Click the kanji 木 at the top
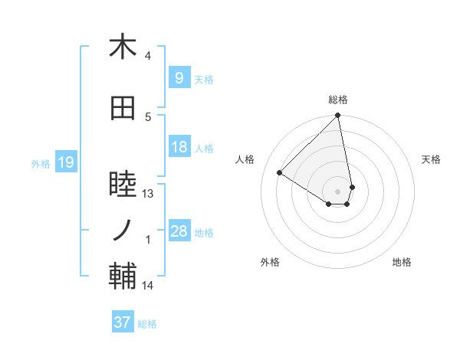pyautogui.click(x=123, y=47)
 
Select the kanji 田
pyautogui.click(x=123, y=109)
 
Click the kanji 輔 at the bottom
pyautogui.click(x=123, y=277)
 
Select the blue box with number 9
pyautogui.click(x=179, y=78)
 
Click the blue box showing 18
pyautogui.click(x=179, y=147)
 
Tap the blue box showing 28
pyautogui.click(x=179, y=231)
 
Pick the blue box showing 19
pyautogui.click(x=65, y=162)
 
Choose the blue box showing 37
pyautogui.click(x=122, y=322)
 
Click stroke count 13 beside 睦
pyautogui.click(x=148, y=194)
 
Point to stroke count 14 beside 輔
pyautogui.click(x=148, y=286)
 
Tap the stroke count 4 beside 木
pyautogui.click(x=148, y=56)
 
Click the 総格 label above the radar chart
pyautogui.click(x=338, y=100)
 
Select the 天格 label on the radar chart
pyautogui.click(x=432, y=159)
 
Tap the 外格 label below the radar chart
pyautogui.click(x=270, y=262)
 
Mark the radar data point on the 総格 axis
pyautogui.click(x=338, y=116)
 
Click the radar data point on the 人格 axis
pyautogui.click(x=280, y=172)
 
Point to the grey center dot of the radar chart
pyautogui.click(x=338, y=191)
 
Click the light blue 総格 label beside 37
pyautogui.click(x=147, y=324)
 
